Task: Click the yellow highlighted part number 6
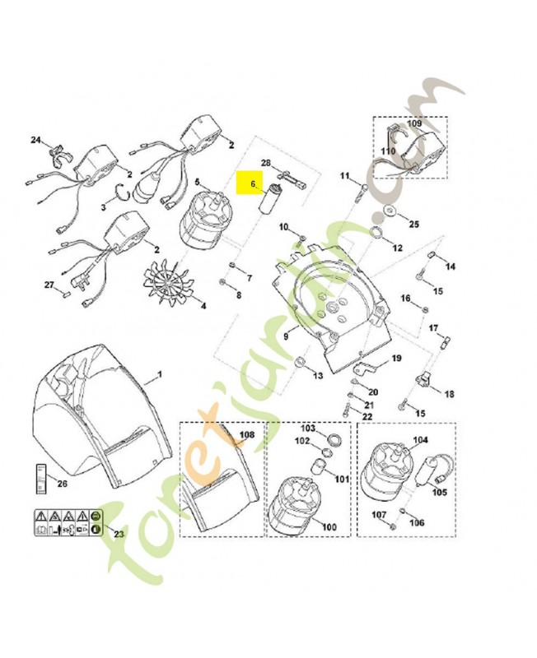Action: (x=253, y=183)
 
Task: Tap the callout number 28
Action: (x=266, y=163)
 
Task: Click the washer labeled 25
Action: (x=390, y=211)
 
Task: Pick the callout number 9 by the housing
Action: (x=286, y=336)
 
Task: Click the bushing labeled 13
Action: (x=300, y=361)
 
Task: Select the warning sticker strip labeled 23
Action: (x=68, y=521)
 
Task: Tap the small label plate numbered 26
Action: (x=40, y=479)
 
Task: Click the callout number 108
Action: (x=247, y=435)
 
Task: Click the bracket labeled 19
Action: (x=365, y=368)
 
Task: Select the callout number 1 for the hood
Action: (x=160, y=373)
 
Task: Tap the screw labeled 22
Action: (x=347, y=408)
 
